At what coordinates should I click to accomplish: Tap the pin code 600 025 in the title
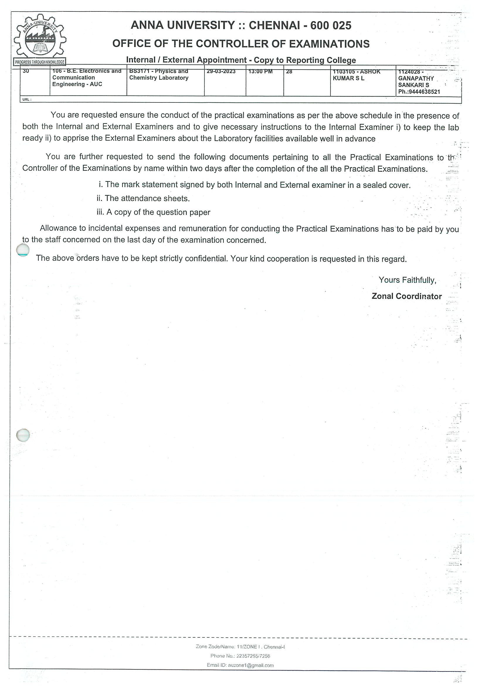[330, 26]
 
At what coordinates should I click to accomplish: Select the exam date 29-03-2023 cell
[221, 72]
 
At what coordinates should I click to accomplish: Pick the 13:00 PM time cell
[260, 72]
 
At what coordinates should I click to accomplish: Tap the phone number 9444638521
[424, 92]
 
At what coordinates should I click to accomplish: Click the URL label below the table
[27, 100]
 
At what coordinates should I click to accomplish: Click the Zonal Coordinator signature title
[406, 296]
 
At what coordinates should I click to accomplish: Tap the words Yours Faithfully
[407, 280]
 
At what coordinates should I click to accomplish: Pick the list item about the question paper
[153, 212]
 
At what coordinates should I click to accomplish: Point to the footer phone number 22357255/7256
[253, 656]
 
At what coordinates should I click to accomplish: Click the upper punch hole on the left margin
[23, 250]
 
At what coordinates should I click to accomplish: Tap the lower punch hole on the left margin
[23, 435]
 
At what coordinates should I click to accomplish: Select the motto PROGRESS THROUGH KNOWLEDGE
[40, 62]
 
